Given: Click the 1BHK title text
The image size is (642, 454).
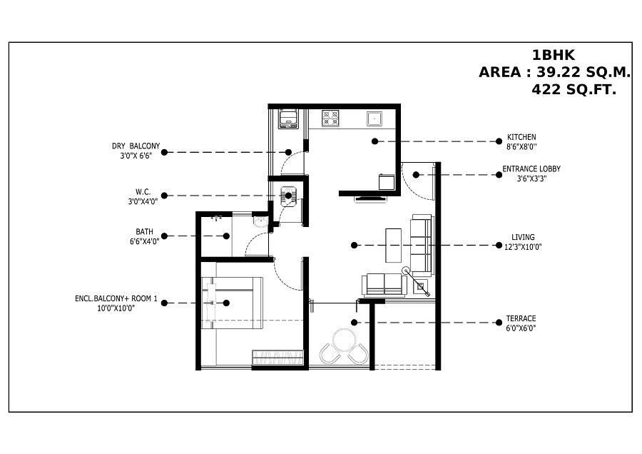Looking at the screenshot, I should coord(553,54).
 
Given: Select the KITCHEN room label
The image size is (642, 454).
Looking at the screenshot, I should coord(521,137).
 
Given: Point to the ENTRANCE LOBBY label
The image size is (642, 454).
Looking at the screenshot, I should coord(531,169).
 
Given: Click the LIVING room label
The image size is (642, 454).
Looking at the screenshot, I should coord(523,237).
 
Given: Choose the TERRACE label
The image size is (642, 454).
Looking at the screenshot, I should coord(521,318).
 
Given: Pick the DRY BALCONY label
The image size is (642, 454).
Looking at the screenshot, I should coord(136,146).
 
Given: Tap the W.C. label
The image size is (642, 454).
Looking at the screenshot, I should coord(143,191).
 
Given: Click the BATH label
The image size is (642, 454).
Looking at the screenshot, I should coord(144,231).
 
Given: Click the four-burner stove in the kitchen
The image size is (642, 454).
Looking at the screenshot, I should coord(330,118).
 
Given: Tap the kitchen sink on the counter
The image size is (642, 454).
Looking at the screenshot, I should coord(374,118).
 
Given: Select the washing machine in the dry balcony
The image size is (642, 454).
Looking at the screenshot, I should coord(288,118).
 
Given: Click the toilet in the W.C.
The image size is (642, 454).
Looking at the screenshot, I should coord(288,195).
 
